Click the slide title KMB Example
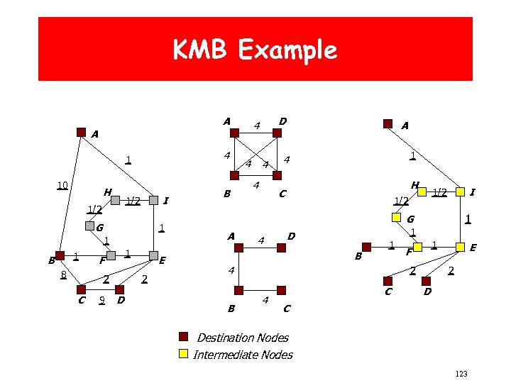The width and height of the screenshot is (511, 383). click(x=255, y=50)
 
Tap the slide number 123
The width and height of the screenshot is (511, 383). click(x=459, y=373)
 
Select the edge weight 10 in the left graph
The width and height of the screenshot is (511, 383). click(x=62, y=186)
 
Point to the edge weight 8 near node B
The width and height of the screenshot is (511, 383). click(x=63, y=274)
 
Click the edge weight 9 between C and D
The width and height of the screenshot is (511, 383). click(x=102, y=300)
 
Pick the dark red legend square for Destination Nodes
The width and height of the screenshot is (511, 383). click(x=182, y=337)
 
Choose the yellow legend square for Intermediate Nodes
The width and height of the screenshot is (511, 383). click(x=182, y=353)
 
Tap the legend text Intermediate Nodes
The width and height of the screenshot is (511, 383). click(x=243, y=354)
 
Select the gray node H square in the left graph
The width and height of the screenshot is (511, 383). click(x=115, y=201)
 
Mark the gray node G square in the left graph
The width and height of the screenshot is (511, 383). click(x=89, y=227)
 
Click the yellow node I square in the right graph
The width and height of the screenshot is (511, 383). click(x=461, y=191)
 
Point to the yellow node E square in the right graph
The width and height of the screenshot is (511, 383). click(x=461, y=247)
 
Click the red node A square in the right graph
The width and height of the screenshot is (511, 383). click(x=387, y=123)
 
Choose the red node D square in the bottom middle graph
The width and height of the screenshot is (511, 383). click(x=281, y=290)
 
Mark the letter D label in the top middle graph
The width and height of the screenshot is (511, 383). click(x=282, y=122)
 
